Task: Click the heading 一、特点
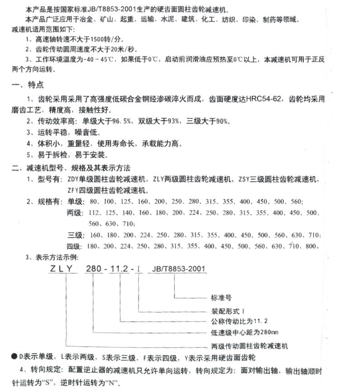(28, 85)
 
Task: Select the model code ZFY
(73, 190)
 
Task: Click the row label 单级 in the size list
(75, 201)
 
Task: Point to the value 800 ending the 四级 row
(312, 246)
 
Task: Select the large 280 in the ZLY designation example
(94, 269)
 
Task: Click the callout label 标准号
(221, 298)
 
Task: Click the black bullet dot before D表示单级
(14, 357)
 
